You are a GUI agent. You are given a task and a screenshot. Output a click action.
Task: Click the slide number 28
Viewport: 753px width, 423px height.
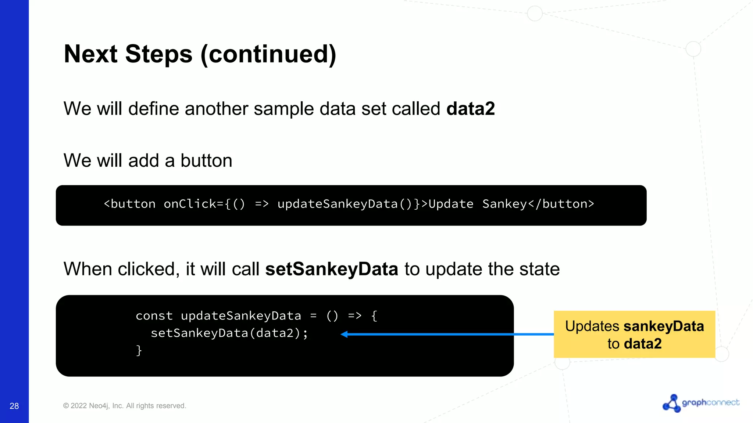click(14, 406)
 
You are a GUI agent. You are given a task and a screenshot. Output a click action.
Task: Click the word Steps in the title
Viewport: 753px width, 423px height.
click(158, 54)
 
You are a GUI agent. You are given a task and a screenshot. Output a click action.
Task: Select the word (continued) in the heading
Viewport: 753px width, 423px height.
click(268, 54)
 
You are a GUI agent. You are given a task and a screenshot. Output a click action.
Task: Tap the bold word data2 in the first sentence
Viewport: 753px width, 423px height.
click(470, 109)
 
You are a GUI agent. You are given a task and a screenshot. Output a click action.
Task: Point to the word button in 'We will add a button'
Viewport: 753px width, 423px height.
click(206, 160)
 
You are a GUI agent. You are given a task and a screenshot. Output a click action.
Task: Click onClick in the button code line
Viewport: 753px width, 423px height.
click(189, 204)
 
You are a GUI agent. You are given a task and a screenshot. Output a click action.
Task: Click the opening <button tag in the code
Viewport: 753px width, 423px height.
click(129, 204)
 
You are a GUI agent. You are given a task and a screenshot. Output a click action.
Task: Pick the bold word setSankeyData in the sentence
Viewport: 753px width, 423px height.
click(332, 269)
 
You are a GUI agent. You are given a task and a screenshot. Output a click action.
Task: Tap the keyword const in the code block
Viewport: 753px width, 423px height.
click(154, 316)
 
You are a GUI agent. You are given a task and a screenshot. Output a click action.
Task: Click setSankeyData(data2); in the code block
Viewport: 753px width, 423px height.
click(229, 333)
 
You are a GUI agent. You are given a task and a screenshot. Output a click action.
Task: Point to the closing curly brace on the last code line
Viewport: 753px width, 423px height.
click(139, 350)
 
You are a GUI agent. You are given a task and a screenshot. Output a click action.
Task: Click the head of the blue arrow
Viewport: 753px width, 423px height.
click(344, 334)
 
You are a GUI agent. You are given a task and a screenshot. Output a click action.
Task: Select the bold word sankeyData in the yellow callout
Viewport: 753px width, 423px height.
click(664, 326)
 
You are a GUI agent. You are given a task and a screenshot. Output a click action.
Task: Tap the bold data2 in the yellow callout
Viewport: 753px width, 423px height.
click(643, 344)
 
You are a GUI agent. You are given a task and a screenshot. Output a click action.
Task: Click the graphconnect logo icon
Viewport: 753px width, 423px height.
click(671, 403)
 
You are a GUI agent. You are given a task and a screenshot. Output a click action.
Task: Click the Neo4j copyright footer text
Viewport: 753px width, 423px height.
click(125, 406)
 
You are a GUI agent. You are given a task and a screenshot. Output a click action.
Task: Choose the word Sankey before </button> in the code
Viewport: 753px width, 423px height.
click(504, 204)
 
